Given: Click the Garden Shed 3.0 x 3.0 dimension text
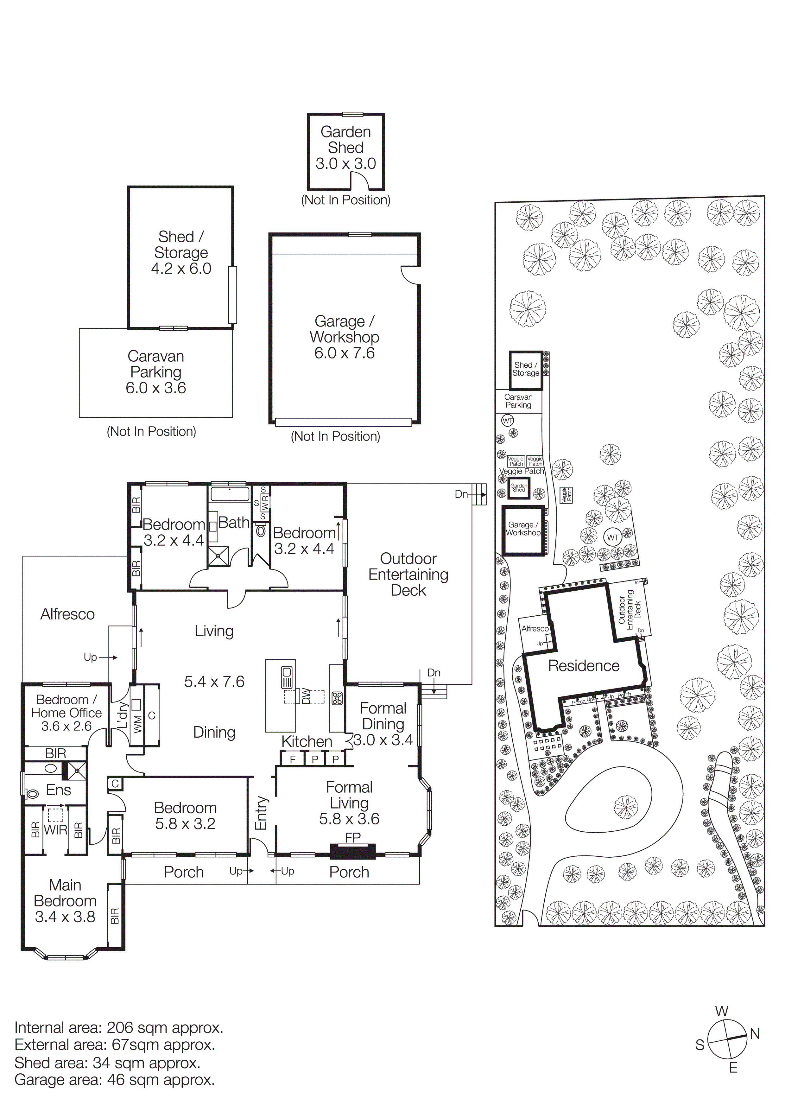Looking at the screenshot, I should click(x=345, y=163).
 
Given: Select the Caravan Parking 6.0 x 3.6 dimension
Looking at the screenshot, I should click(x=156, y=388).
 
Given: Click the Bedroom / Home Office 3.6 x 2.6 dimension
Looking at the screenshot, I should click(x=66, y=726).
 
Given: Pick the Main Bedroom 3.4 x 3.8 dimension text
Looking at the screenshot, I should click(x=65, y=917).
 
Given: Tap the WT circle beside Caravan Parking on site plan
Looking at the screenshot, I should click(x=507, y=421).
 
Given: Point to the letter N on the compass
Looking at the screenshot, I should click(x=755, y=1034).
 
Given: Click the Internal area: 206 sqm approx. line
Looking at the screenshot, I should click(x=118, y=1027).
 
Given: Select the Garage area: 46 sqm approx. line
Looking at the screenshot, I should click(x=115, y=1080).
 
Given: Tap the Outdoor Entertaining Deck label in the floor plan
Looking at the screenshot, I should click(x=408, y=575).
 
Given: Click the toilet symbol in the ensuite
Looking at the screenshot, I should click(x=32, y=794).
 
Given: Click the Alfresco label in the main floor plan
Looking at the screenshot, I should click(x=67, y=614).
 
